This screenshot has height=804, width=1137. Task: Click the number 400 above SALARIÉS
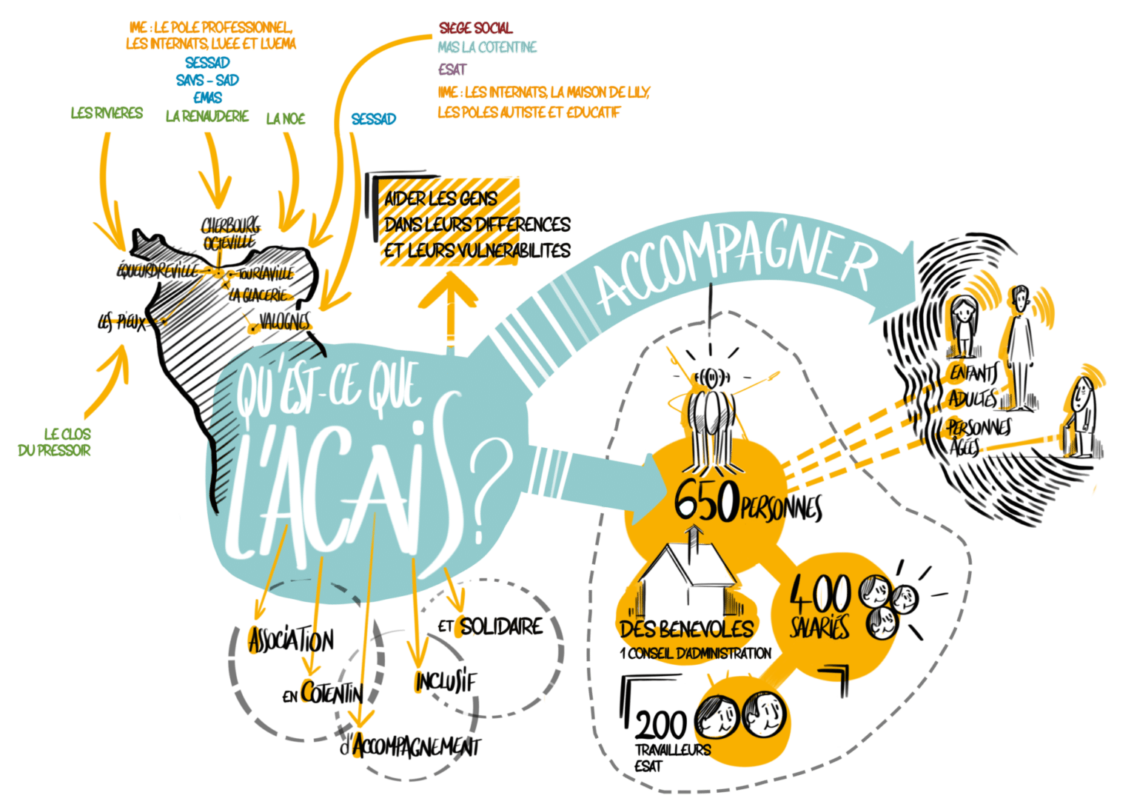[821, 595]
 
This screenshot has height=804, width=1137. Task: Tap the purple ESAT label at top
[452, 70]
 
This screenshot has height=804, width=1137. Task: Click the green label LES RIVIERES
[107, 113]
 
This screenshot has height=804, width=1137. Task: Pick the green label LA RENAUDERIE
[207, 115]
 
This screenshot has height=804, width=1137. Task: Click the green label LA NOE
[286, 118]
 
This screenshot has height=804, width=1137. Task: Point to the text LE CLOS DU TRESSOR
[55, 442]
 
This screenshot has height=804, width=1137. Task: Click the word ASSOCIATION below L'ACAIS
[292, 640]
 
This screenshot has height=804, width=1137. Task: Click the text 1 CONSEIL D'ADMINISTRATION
[696, 653]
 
